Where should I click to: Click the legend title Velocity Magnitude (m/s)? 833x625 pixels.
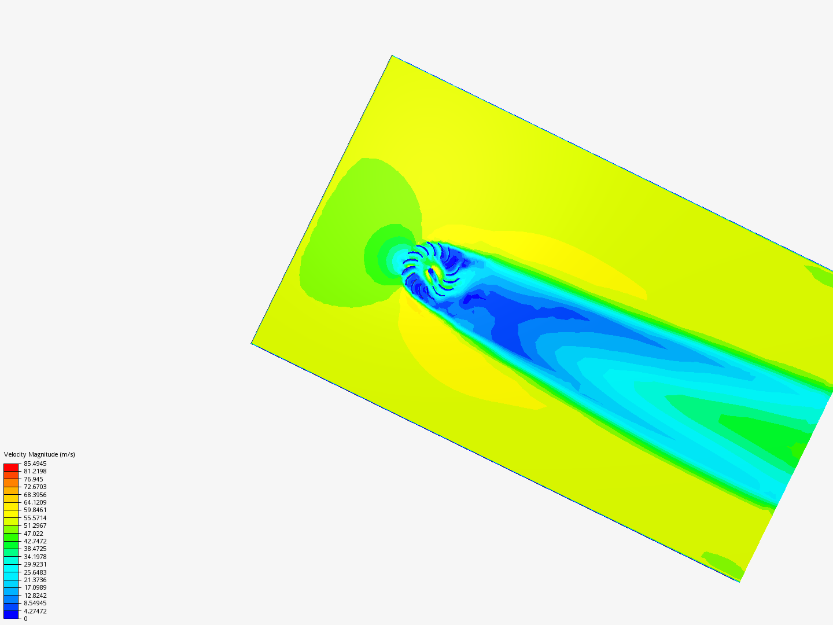[x=39, y=454]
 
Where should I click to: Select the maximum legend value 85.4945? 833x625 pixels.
[x=35, y=464]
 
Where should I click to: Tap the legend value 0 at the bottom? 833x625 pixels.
[x=25, y=619]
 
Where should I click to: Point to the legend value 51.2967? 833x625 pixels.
[x=35, y=525]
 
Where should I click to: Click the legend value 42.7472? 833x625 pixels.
[x=35, y=541]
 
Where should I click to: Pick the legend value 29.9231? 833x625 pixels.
[x=35, y=564]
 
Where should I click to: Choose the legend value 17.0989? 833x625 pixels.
[x=35, y=587]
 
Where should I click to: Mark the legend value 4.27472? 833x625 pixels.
[x=35, y=611]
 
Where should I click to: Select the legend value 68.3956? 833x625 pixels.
[x=35, y=495]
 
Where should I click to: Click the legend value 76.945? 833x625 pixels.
[x=34, y=479]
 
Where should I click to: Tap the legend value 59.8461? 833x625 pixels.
[x=35, y=510]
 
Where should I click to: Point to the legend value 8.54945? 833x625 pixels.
[x=35, y=603]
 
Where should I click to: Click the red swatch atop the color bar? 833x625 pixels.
[x=11, y=467]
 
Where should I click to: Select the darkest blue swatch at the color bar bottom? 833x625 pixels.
[x=11, y=615]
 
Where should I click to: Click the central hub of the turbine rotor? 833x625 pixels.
[x=431, y=270]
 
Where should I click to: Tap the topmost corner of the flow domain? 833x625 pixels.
[x=392, y=56]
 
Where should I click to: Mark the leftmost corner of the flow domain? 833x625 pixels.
[x=252, y=343]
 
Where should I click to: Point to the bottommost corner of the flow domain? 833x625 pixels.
[x=739, y=581]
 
